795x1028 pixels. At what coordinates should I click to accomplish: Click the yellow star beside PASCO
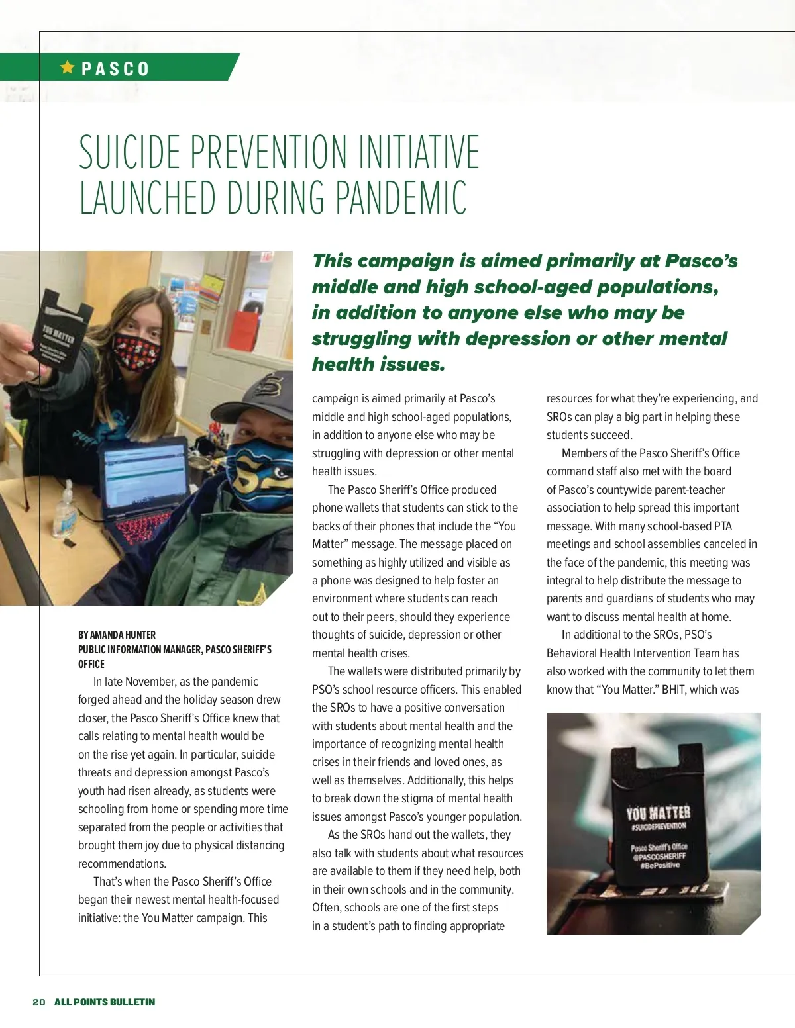[67, 67]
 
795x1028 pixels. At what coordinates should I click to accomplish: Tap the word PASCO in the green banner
[116, 69]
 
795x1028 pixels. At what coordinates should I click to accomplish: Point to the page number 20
[39, 1002]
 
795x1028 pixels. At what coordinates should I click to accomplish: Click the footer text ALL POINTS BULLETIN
[105, 1002]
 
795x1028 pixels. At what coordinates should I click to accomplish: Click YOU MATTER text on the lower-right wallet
[659, 813]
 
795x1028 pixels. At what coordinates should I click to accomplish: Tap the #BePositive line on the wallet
[660, 865]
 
